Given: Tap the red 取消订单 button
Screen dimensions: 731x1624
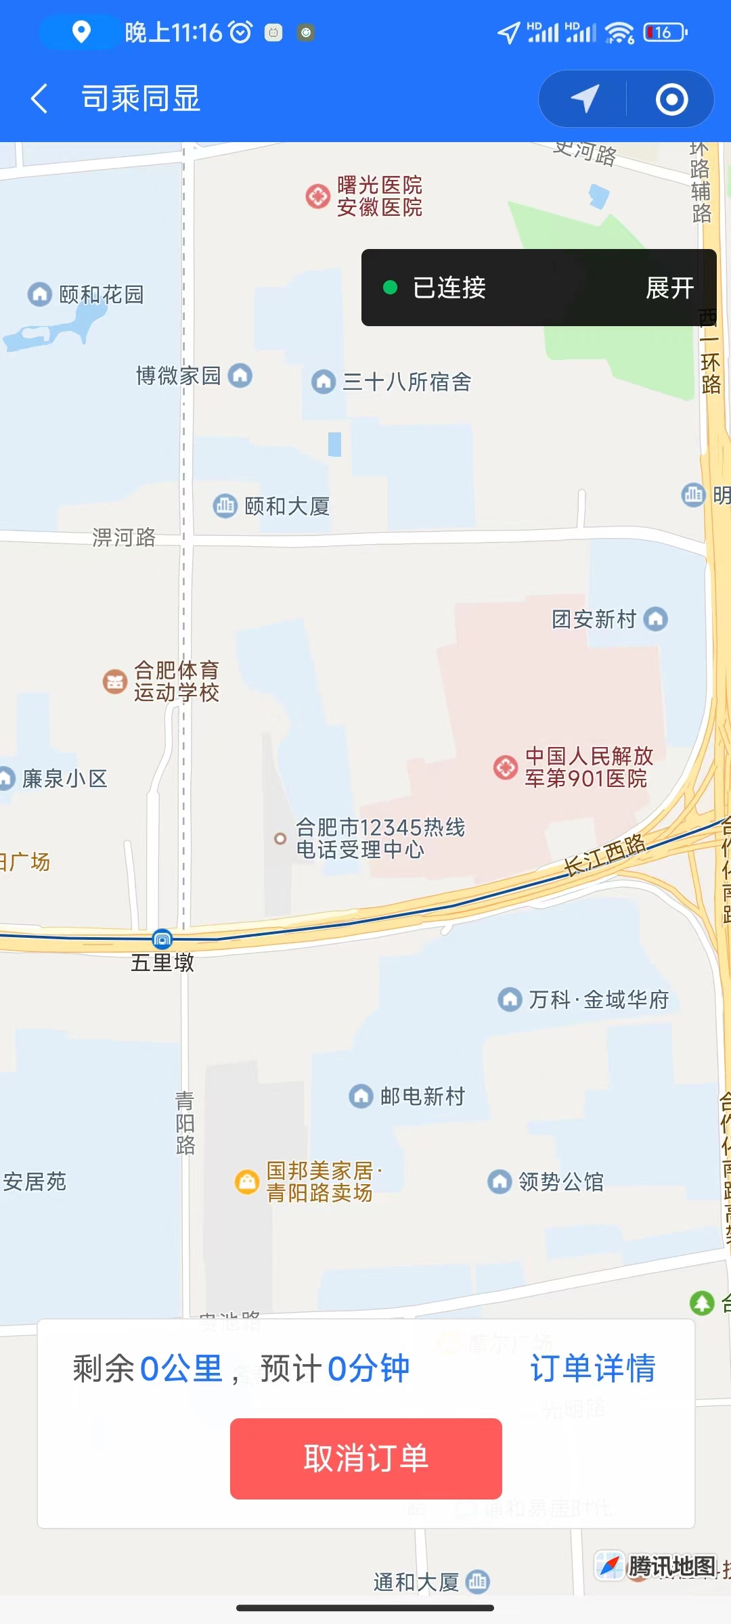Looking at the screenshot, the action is (x=365, y=1458).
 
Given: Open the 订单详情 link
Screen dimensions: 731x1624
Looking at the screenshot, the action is (x=592, y=1368).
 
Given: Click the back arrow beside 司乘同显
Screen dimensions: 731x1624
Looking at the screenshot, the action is (x=39, y=99).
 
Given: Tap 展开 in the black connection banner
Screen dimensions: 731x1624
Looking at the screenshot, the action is (x=669, y=288).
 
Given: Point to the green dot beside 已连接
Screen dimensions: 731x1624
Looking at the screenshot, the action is (x=390, y=288).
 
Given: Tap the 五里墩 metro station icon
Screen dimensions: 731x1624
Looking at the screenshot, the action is (x=162, y=939).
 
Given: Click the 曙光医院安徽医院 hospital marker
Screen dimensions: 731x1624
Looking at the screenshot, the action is (x=317, y=196).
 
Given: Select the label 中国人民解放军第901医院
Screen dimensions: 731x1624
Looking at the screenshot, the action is (x=589, y=767).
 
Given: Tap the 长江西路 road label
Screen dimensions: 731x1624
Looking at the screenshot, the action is (x=604, y=855).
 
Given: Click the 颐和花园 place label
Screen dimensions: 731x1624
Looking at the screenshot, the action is (x=102, y=294).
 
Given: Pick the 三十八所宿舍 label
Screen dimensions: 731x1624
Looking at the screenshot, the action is (x=407, y=382).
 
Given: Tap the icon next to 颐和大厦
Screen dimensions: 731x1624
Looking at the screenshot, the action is (x=225, y=505).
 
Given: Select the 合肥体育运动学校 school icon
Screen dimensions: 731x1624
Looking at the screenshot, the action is (x=115, y=681).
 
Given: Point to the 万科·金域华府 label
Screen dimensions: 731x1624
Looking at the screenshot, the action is (x=598, y=999).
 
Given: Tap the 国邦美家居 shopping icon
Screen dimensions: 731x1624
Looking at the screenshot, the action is (x=247, y=1181).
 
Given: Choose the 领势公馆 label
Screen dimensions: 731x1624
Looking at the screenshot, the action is (x=560, y=1181).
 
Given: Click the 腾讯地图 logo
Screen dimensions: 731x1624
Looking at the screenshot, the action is (x=657, y=1566).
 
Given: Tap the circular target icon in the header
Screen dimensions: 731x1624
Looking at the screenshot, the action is (x=671, y=99).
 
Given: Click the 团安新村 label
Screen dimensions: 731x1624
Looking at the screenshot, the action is (x=594, y=618).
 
